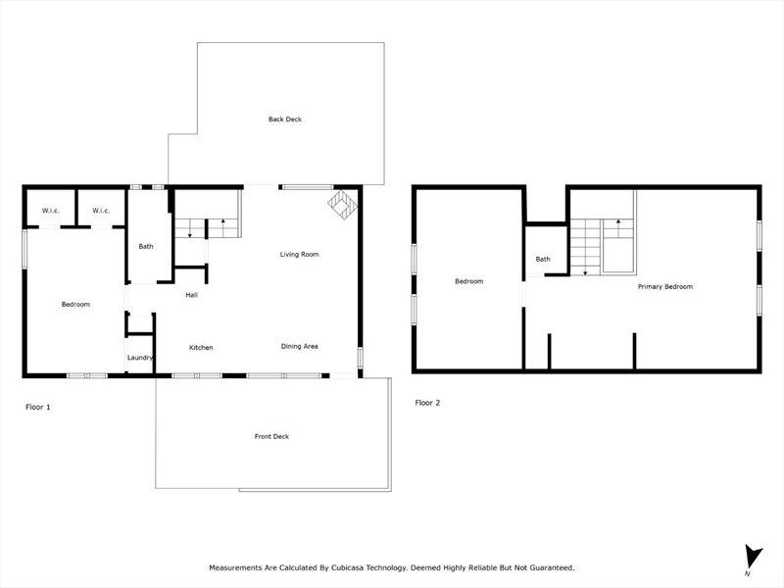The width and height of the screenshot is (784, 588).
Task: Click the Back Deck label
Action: coord(285,119)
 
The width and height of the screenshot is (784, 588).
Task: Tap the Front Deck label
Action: coord(271,436)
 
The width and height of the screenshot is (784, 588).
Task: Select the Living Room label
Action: coord(299,254)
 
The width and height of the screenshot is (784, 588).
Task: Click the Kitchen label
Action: coord(201,348)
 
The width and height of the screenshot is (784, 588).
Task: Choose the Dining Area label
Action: coord(299,346)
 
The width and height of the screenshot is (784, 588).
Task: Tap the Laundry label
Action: coord(140,358)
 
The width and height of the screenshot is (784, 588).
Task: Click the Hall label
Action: coord(191,295)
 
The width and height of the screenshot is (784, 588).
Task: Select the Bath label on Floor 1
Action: coord(146,246)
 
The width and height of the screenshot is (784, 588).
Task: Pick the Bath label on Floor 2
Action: coord(543,259)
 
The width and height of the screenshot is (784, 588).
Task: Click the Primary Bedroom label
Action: coord(665,286)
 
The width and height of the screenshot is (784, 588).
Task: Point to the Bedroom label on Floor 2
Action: coord(469,281)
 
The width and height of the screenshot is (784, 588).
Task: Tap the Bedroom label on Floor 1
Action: coord(75,304)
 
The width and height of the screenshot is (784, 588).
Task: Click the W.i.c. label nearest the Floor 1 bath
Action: coord(101,211)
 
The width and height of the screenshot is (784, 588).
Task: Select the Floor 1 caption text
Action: coord(38,407)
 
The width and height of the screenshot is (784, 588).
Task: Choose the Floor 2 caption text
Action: coord(427,403)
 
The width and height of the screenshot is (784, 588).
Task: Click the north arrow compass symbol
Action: coord(752,558)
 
